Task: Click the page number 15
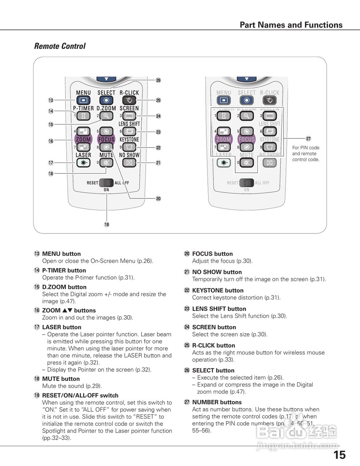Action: tap(339, 455)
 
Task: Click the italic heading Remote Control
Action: tap(60, 46)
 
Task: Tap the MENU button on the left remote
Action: tap(83, 100)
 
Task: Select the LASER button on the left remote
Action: tap(83, 163)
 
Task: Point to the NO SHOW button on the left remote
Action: tap(129, 163)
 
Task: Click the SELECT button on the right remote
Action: tap(246, 100)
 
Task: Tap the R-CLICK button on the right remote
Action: tap(269, 100)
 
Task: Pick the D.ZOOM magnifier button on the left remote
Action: tap(106, 116)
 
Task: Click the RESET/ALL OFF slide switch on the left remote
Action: tap(107, 182)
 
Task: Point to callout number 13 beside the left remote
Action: tap(51, 100)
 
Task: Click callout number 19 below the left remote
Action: tap(107, 225)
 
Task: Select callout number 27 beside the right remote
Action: tap(308, 139)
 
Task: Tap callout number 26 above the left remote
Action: tap(158, 80)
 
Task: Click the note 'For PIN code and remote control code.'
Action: tap(306, 154)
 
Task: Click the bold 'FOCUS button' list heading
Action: tap(212, 254)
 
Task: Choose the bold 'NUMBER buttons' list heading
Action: tap(217, 402)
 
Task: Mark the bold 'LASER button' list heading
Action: tap(62, 327)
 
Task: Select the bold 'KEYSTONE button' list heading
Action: tap(218, 291)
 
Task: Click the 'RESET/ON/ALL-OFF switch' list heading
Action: tap(80, 395)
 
